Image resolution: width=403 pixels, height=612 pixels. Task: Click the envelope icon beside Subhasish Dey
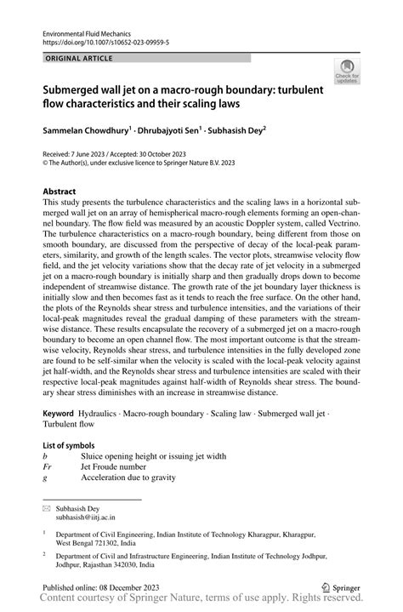[x=47, y=507]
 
